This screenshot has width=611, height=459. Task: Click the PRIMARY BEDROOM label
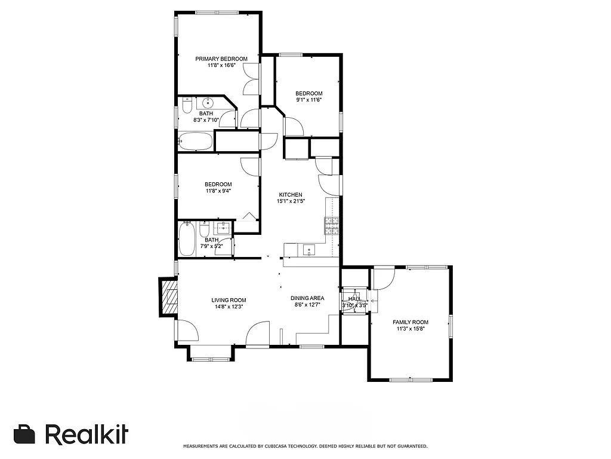[221, 59]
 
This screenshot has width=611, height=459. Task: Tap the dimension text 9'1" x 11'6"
[308, 100]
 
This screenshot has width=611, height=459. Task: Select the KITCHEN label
[291, 195]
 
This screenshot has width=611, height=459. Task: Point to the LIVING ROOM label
[229, 300]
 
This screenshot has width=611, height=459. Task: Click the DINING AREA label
[307, 298]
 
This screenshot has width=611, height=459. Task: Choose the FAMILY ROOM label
[412, 322]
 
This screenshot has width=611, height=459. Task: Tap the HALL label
[354, 299]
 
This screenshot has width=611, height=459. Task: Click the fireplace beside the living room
[169, 296]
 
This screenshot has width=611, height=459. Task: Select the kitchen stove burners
[331, 225]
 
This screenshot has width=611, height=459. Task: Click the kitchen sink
[309, 250]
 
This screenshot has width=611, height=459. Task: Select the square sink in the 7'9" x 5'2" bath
[224, 227]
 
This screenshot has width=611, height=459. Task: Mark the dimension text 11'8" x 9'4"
[218, 191]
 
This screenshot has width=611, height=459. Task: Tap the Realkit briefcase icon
[24, 434]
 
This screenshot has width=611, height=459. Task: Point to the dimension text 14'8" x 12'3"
[229, 307]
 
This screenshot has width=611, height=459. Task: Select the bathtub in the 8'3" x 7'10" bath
[195, 142]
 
